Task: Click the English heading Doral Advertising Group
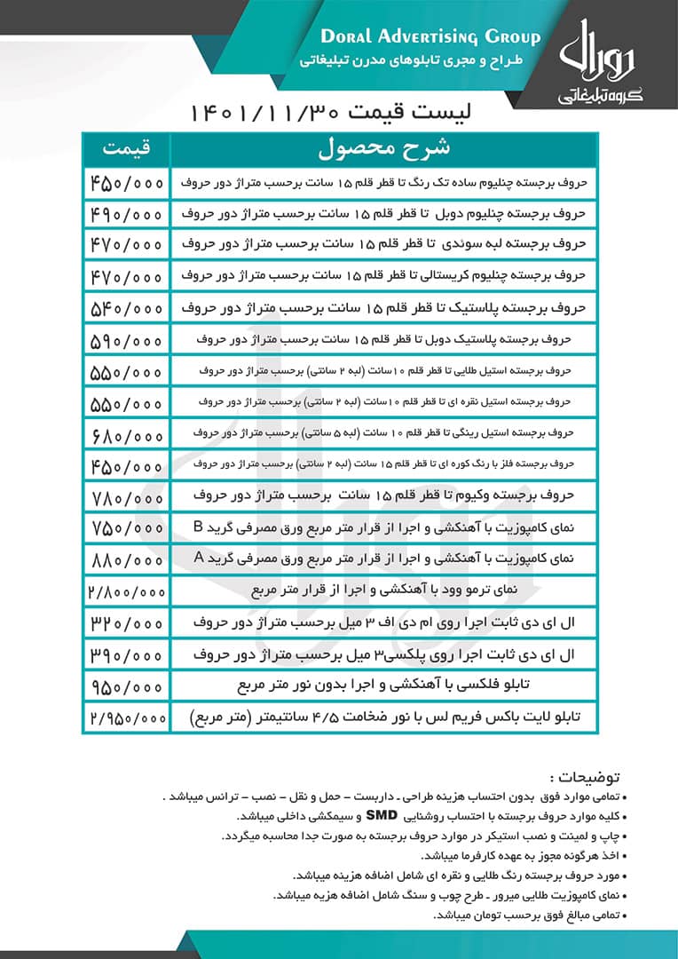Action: point(430,37)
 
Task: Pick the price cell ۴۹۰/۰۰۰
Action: point(126,215)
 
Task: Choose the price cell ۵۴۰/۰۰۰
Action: point(126,308)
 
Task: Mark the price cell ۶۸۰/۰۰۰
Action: point(126,434)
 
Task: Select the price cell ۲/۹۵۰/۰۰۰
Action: point(126,717)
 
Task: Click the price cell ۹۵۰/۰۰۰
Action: point(126,686)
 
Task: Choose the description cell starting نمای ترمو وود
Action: point(383,590)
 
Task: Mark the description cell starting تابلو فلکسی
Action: point(383,686)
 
